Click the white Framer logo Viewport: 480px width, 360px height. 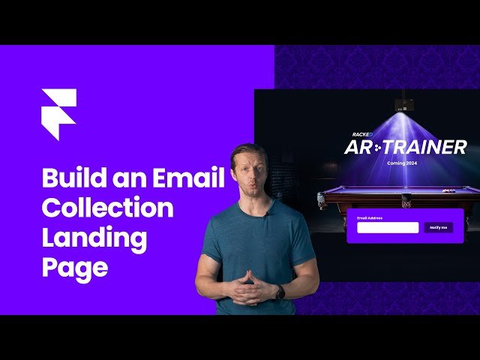coord(58,113)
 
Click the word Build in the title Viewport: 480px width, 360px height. coord(73,178)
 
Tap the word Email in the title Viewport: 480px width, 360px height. coord(188,178)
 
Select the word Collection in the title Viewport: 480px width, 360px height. coord(107,208)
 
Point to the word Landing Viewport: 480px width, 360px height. coord(94,238)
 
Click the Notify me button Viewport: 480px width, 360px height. coord(437,227)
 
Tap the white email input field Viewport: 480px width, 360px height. coord(387,227)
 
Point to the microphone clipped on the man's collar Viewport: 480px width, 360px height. coord(268,209)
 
